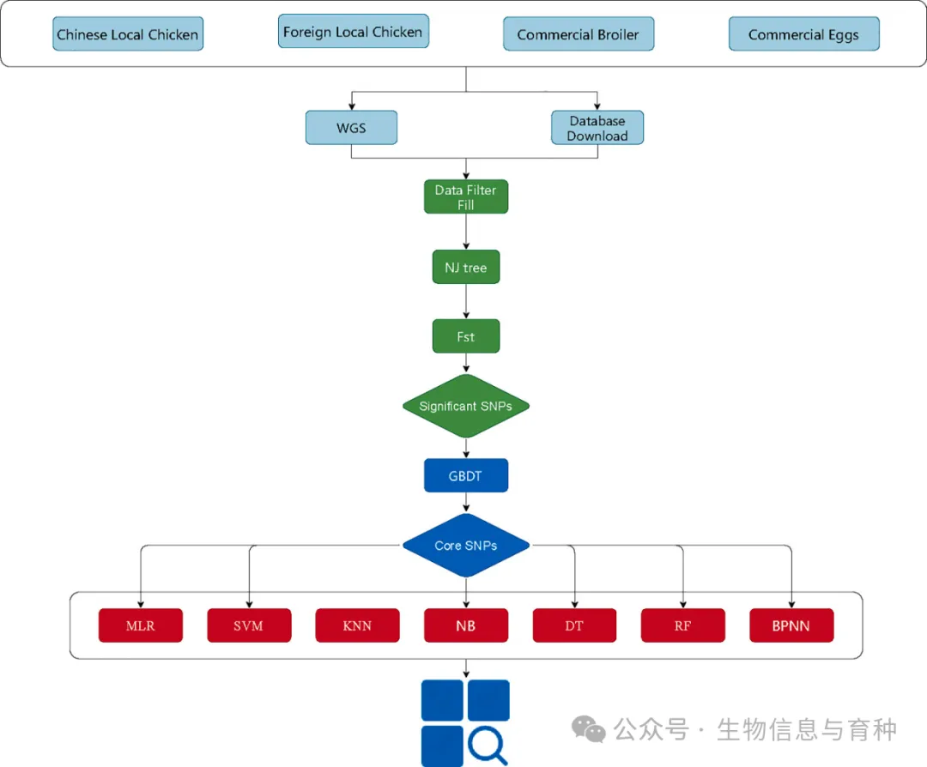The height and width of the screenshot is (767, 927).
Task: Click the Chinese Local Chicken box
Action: click(127, 34)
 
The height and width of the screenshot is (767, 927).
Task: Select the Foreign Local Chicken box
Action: click(353, 32)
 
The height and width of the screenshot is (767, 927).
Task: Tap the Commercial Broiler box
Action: click(578, 34)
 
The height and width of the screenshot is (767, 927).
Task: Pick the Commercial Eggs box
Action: click(803, 34)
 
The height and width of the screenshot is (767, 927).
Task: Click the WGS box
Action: click(351, 128)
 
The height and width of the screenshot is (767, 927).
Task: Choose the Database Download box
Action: click(597, 128)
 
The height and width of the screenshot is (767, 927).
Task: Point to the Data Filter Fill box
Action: click(466, 197)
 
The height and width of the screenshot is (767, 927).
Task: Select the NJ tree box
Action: click(466, 268)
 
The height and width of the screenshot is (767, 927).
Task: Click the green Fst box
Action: click(466, 337)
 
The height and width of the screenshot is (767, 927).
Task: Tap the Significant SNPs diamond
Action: click(466, 406)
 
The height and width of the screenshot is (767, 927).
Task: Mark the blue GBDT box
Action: click(466, 475)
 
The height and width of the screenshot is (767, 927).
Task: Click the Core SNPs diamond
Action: click(466, 545)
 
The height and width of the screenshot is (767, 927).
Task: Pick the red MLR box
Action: click(141, 625)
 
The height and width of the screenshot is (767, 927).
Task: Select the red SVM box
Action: click(249, 625)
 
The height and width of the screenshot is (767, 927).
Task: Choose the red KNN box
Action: click(357, 625)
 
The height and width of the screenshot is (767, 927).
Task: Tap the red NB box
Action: click(466, 625)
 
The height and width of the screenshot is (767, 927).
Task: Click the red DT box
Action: click(574, 625)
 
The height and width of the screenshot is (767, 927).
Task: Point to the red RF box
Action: click(682, 625)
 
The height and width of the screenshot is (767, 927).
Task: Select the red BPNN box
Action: click(791, 625)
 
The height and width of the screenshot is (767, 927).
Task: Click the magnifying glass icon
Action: click(487, 745)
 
